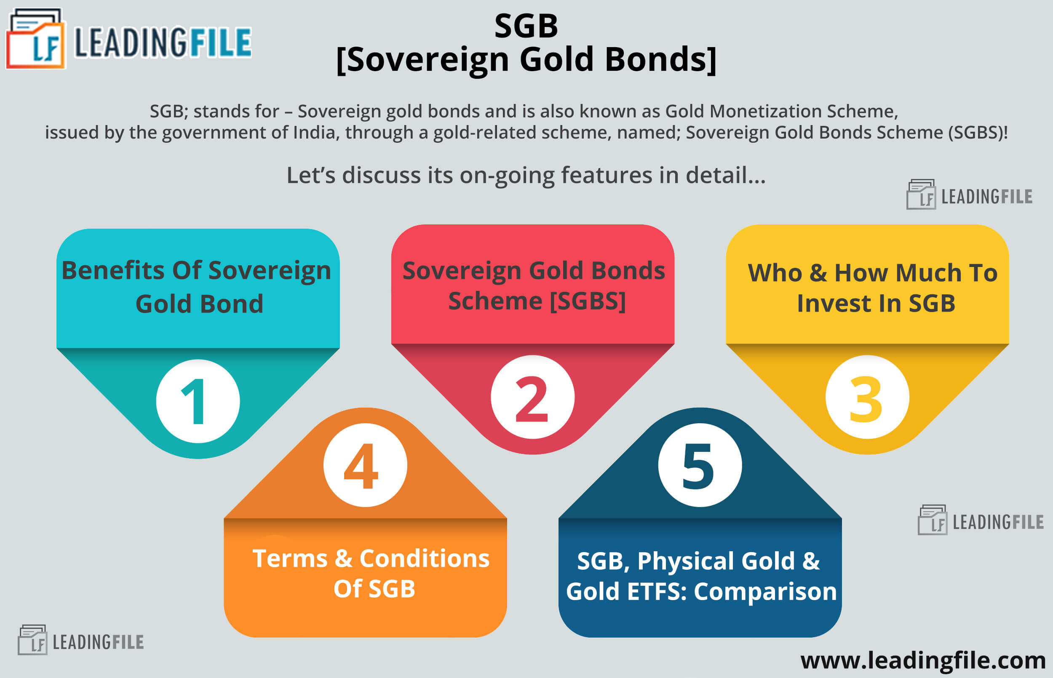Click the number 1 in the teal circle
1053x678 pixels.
[194, 401]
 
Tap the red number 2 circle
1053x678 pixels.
[533, 397]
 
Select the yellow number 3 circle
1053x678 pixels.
[867, 397]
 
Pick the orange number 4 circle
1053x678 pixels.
[365, 465]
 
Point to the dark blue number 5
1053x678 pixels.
[698, 466]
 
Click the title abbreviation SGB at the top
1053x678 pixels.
[526, 26]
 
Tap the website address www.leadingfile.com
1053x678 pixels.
[923, 660]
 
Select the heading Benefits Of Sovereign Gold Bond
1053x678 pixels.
[197, 287]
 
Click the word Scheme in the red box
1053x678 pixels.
[495, 301]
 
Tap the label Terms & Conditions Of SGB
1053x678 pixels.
[371, 573]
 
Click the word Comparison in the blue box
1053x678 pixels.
[765, 592]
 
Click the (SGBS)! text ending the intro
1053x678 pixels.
[978, 133]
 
